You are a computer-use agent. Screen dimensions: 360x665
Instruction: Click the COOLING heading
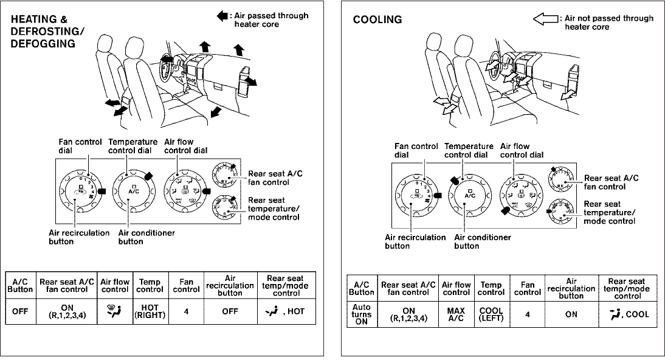(x=377, y=19)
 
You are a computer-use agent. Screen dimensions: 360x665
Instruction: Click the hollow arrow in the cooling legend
(x=545, y=19)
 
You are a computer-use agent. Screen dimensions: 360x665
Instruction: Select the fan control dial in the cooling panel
(x=418, y=196)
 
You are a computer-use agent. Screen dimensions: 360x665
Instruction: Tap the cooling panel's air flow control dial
(x=519, y=196)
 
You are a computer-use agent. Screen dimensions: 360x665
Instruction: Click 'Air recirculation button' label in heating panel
(x=79, y=237)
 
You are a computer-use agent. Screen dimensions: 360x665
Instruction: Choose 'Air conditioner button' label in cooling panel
(x=483, y=241)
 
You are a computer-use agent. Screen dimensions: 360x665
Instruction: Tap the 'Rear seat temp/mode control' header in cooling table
(x=627, y=289)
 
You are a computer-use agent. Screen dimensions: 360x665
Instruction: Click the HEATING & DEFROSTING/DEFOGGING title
(x=49, y=31)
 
